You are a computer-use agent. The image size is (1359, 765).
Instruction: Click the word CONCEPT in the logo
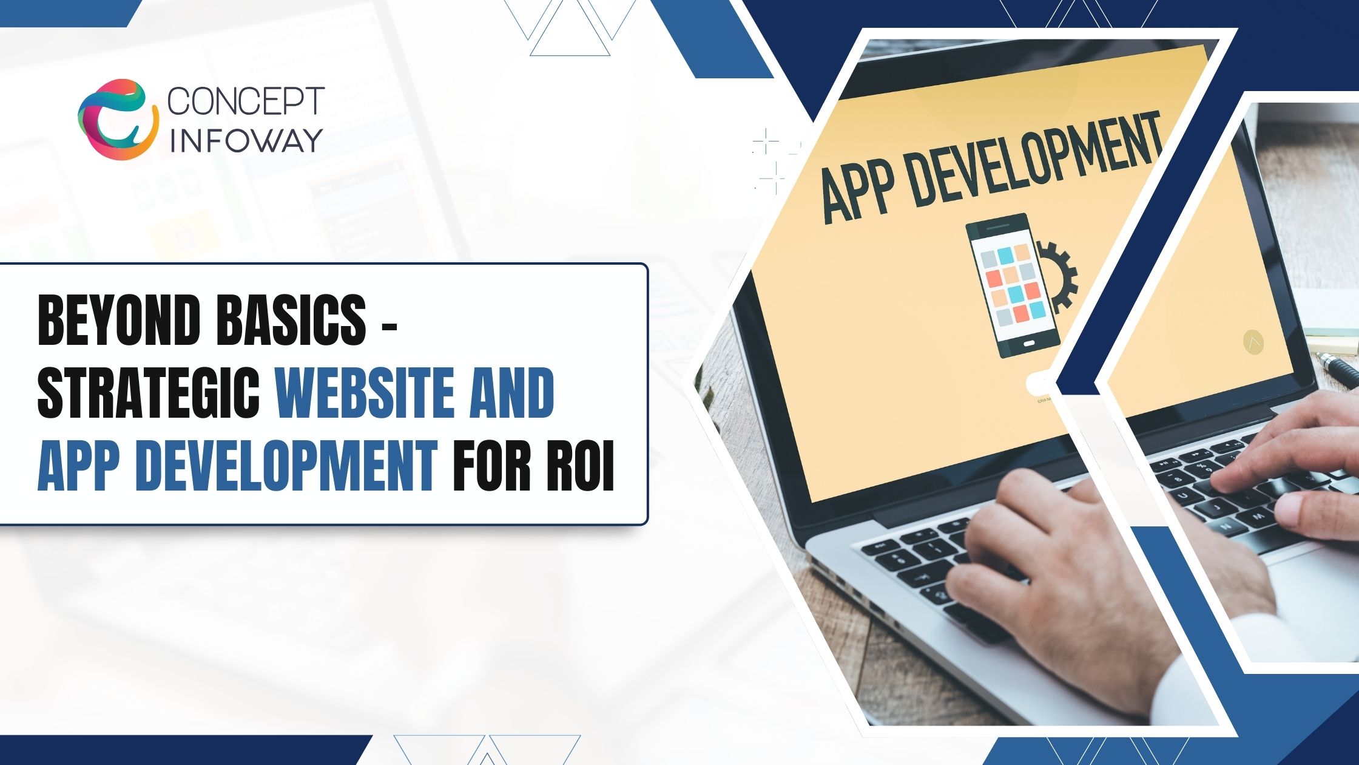[x=246, y=101]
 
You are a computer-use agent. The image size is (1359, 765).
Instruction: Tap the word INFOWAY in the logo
[x=246, y=140]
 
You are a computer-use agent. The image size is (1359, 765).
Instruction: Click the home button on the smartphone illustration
[x=1030, y=344]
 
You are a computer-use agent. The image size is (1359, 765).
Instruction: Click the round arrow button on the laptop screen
[x=1253, y=342]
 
